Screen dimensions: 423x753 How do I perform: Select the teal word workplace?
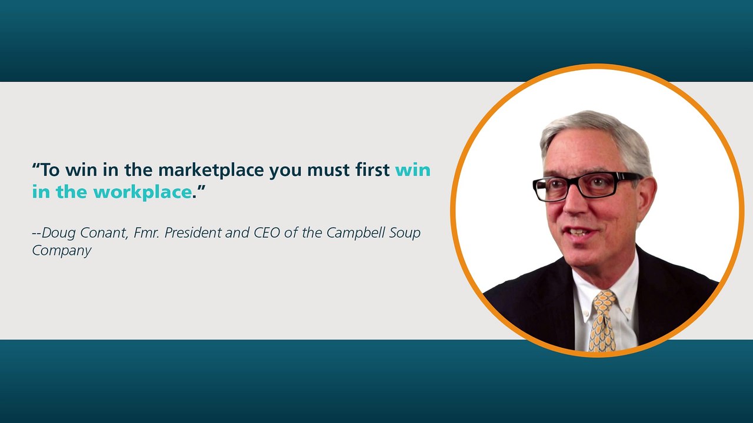(x=142, y=192)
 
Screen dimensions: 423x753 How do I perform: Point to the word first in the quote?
(x=369, y=170)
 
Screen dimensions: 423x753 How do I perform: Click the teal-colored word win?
(x=412, y=170)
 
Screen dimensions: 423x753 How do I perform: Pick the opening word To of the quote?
(x=50, y=170)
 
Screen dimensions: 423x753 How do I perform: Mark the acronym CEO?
(x=267, y=233)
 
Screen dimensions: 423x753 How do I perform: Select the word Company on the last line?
(x=61, y=250)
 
